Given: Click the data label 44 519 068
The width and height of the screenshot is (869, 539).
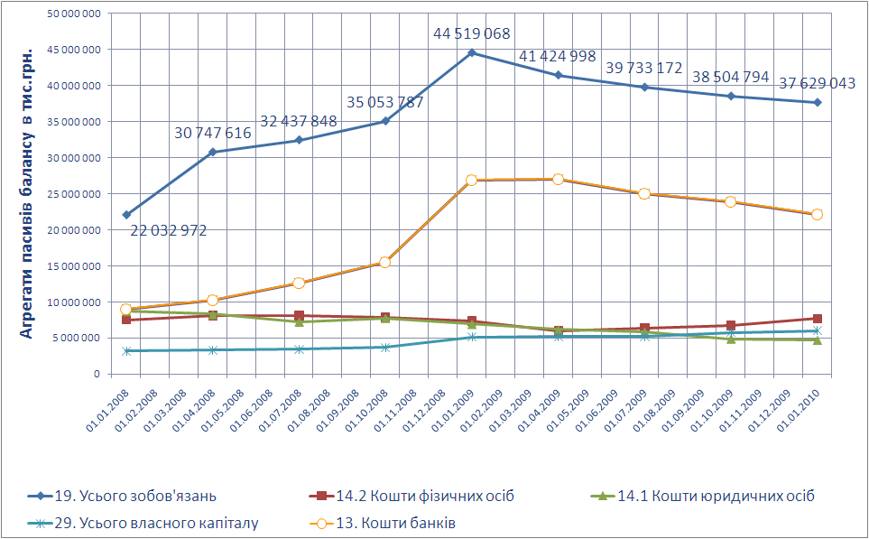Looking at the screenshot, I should coord(472,34).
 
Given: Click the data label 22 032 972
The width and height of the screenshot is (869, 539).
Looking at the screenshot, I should coord(169,231).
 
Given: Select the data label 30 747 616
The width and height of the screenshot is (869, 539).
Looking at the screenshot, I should coord(213,134).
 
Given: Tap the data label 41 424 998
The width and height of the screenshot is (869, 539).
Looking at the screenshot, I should coord(558,57).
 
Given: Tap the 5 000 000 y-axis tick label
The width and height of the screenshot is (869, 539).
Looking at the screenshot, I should coord(79,338).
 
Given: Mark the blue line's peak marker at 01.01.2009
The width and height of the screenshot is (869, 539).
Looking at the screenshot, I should coord(472,53).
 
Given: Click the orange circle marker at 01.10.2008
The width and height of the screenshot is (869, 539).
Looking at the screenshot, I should coord(385,263).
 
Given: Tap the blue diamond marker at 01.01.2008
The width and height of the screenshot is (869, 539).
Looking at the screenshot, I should coord(126,215).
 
